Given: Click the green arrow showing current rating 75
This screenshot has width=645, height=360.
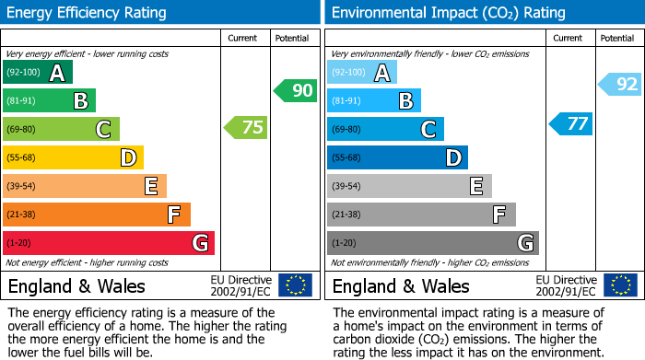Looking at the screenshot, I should [247, 128].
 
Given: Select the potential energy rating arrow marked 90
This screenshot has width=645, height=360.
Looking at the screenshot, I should [296, 90].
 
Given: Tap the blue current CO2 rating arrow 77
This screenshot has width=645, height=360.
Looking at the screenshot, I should [571, 123].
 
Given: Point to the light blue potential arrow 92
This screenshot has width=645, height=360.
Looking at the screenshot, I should [620, 85].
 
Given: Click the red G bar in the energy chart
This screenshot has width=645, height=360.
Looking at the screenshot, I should [108, 243].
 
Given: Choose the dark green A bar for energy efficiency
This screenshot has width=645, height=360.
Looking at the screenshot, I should [38, 72].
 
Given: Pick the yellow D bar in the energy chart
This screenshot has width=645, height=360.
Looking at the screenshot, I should [73, 157].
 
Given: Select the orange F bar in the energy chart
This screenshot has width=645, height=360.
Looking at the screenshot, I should [97, 215].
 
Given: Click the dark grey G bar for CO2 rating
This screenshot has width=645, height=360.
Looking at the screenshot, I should [432, 243].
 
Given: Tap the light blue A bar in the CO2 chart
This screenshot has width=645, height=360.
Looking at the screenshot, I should [362, 72].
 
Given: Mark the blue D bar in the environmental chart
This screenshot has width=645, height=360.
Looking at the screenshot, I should [397, 157].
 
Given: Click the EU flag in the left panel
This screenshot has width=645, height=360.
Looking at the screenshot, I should [296, 285].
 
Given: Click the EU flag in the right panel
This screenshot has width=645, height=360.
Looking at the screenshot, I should [620, 285].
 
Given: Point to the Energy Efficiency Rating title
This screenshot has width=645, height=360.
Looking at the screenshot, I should [88, 13].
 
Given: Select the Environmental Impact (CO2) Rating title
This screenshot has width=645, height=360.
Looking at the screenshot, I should [448, 13].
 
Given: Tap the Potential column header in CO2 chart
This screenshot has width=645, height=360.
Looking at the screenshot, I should [617, 38].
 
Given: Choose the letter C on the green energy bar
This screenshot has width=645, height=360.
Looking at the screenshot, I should [104, 130].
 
